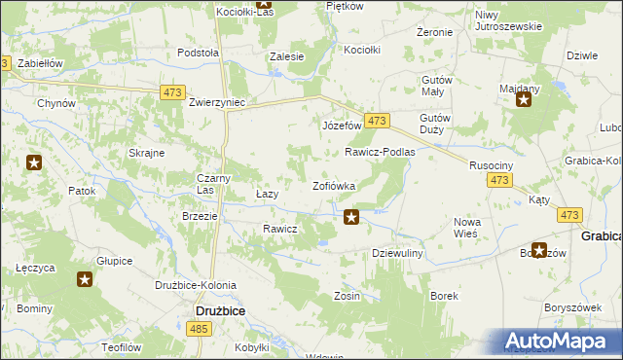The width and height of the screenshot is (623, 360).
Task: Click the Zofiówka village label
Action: click(x=333, y=185)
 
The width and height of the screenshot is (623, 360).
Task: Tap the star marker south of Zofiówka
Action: click(x=351, y=217)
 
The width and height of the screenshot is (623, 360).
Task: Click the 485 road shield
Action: click(x=199, y=330)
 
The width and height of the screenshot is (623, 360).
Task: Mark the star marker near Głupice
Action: click(x=85, y=280)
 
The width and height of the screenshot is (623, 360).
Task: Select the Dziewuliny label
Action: click(x=397, y=252)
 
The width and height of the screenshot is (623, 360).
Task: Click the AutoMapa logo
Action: click(x=559, y=342)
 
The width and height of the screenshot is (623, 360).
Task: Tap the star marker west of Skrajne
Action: click(x=35, y=162)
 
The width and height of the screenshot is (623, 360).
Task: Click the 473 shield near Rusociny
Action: click(x=500, y=181)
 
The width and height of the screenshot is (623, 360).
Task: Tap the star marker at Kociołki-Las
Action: click(x=264, y=4)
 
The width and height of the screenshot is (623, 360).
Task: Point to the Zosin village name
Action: click(x=347, y=296)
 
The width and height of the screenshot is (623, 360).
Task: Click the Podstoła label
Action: click(x=198, y=54)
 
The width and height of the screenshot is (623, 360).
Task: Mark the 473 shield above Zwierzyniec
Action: click(x=172, y=92)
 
